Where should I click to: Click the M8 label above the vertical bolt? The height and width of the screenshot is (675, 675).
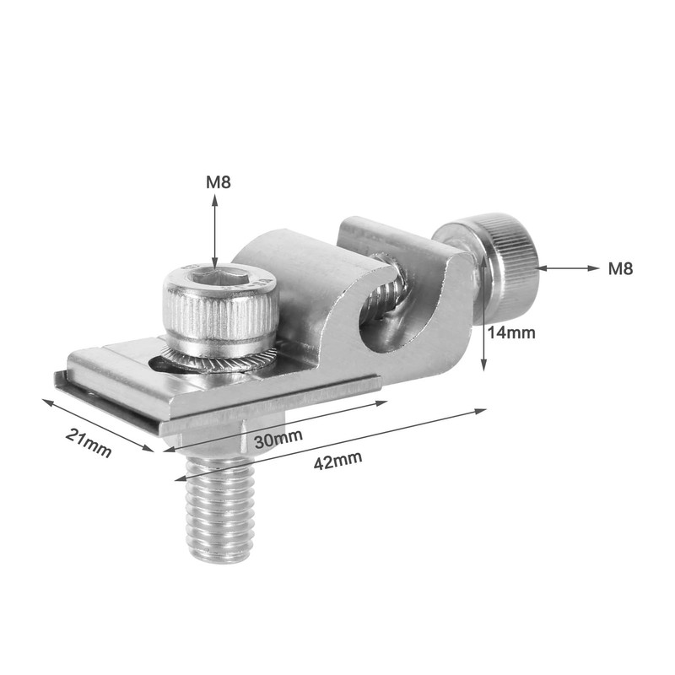(217, 181)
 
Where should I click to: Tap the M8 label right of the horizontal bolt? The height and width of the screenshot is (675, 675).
(620, 269)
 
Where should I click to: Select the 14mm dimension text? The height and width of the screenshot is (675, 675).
(511, 332)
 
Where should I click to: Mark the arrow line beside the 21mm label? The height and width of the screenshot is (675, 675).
(97, 425)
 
